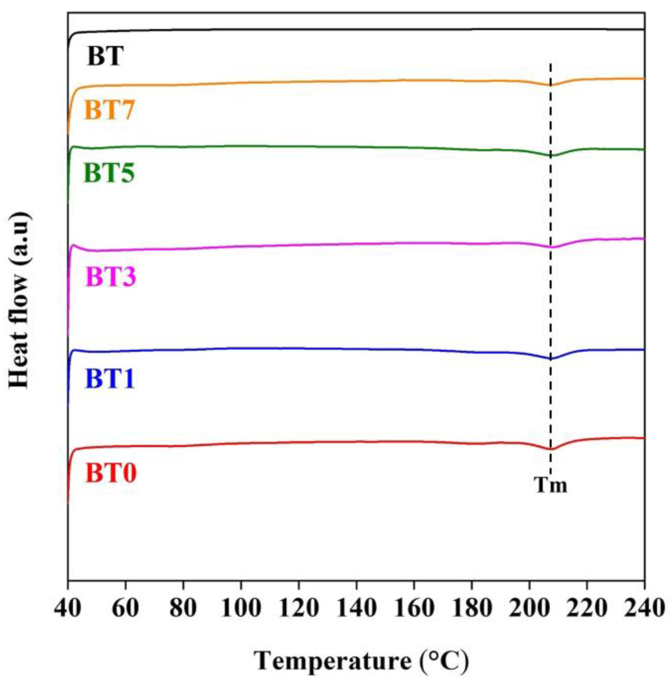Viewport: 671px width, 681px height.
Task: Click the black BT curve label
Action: click(x=105, y=57)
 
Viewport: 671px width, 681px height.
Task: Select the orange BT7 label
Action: click(x=109, y=110)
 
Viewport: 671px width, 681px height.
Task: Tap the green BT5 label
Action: click(x=109, y=174)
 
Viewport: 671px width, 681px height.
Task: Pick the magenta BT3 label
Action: click(x=111, y=277)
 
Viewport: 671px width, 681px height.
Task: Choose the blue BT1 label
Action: click(x=110, y=380)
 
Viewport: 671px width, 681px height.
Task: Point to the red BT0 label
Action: click(x=111, y=473)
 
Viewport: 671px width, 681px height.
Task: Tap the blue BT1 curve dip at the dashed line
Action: click(x=551, y=359)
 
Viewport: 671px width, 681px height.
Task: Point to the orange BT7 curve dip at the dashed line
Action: click(x=550, y=85)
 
